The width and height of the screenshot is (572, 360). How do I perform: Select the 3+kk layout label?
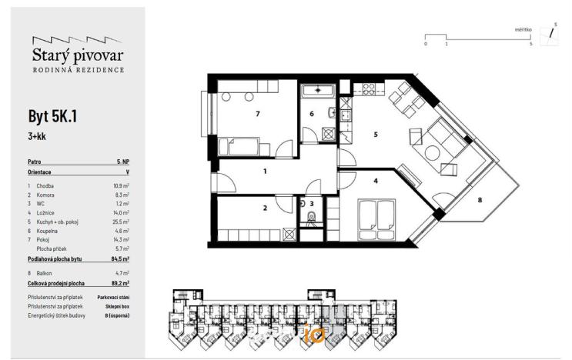coord(36,136)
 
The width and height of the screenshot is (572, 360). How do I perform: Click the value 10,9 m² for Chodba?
coord(121,186)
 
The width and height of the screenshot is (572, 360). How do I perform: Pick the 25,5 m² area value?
coord(121,222)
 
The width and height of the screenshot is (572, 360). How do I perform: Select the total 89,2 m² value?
coord(120,282)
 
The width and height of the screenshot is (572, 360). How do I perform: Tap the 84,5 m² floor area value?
coord(120,260)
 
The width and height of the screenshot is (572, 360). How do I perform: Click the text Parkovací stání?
coord(113,295)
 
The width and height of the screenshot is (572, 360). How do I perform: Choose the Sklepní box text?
coord(117,305)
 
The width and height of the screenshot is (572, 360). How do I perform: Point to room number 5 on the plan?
coord(376,135)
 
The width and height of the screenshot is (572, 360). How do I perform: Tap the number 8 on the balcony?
coord(480,201)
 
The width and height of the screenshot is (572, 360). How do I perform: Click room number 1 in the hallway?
coord(264,172)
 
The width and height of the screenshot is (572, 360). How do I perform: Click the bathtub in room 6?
coord(316,91)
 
